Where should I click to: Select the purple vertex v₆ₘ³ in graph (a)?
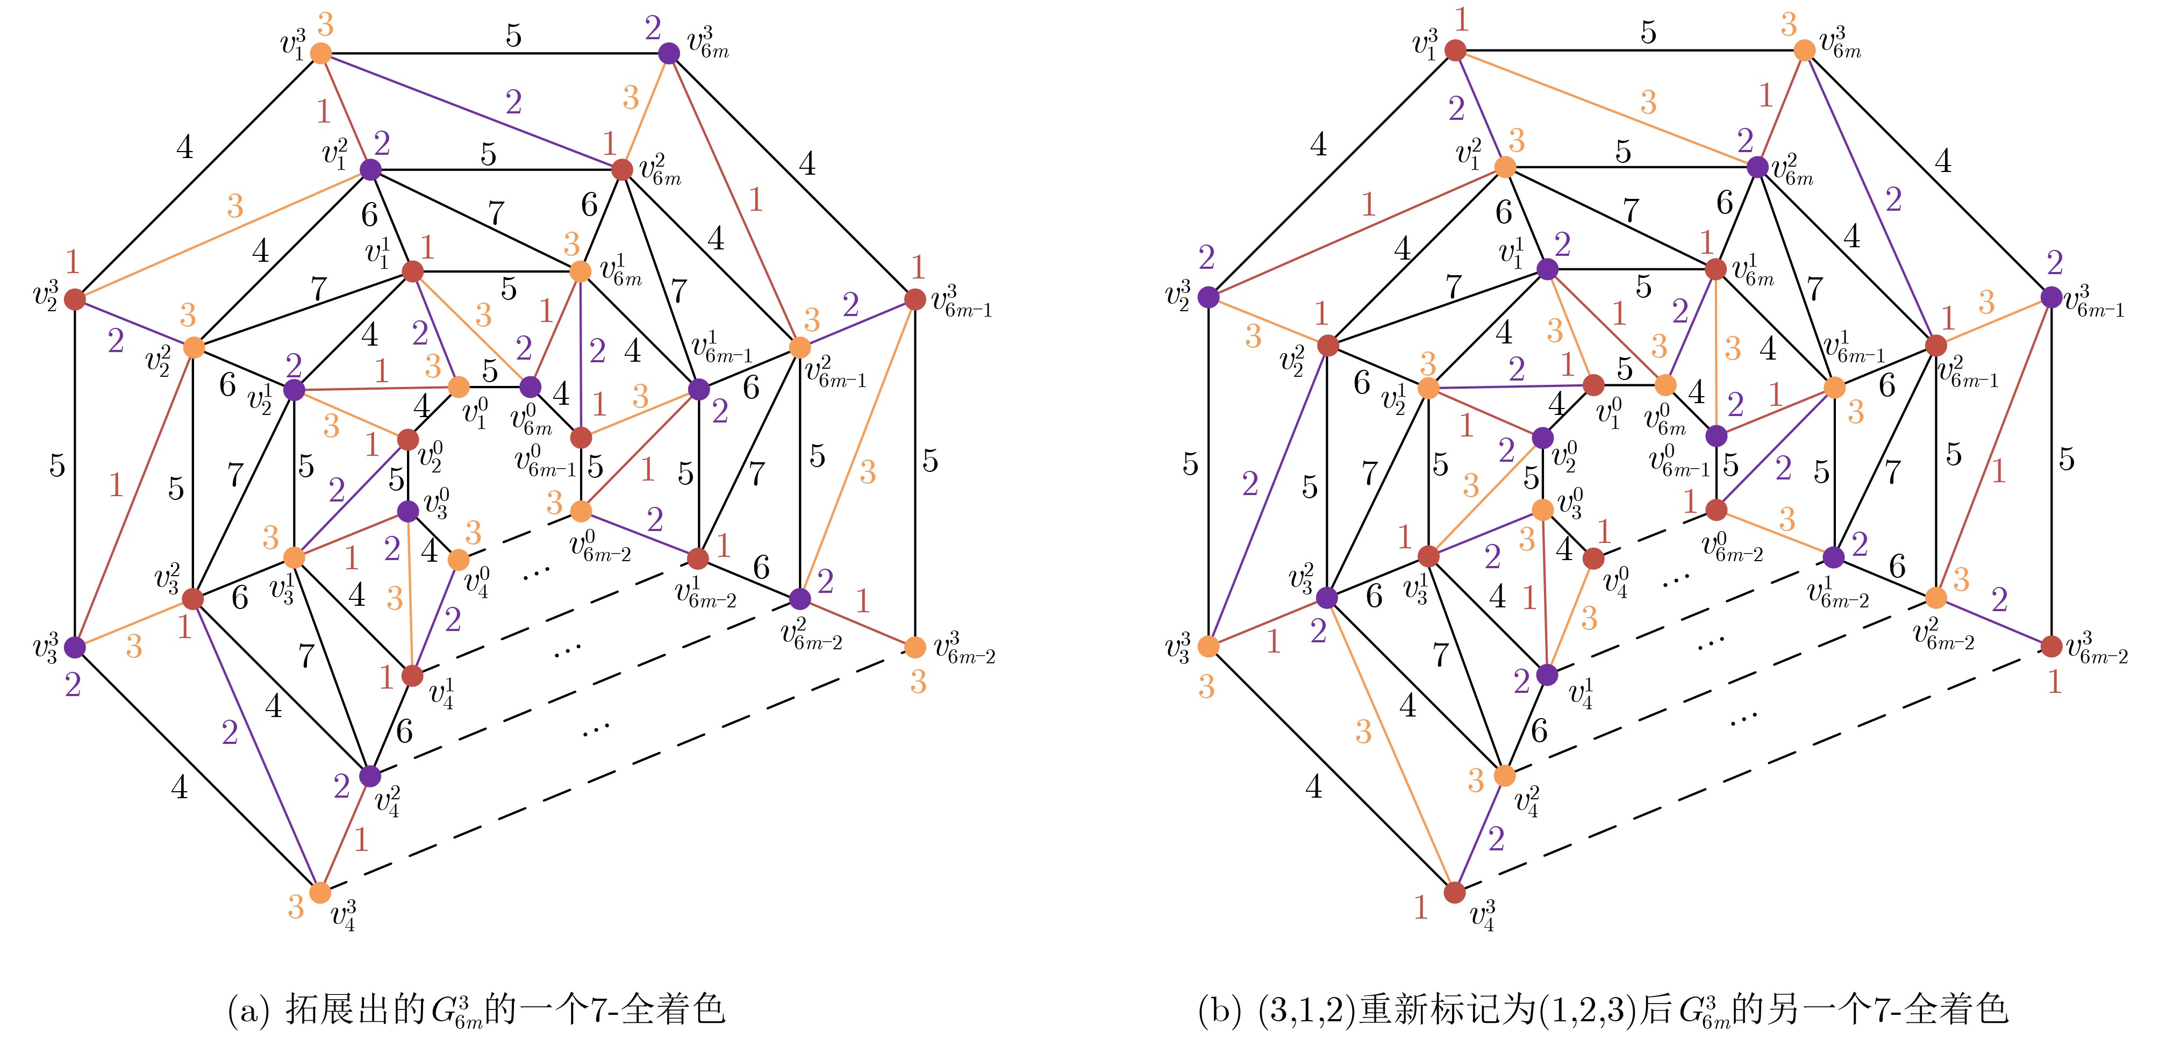tap(669, 54)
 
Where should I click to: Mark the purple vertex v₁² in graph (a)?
tap(370, 170)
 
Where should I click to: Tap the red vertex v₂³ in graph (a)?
tap(75, 299)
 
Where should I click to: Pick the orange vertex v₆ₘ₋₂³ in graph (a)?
tap(915, 647)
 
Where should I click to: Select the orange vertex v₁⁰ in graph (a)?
tap(459, 387)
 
